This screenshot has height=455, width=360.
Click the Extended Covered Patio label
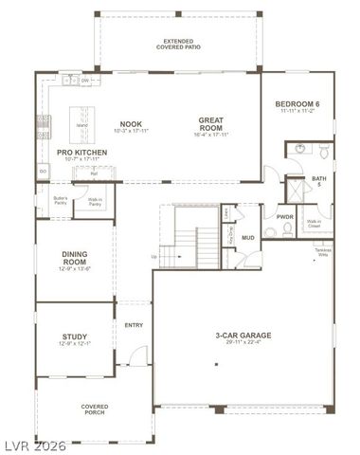(x=179, y=45)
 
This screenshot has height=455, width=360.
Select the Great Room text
(x=209, y=123)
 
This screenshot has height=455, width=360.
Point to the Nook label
(x=130, y=124)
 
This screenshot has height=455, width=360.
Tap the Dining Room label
(x=76, y=257)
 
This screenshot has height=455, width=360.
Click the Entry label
(x=134, y=326)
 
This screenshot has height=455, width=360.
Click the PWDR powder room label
(x=285, y=217)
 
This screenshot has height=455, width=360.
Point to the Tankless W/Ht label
(x=322, y=252)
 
